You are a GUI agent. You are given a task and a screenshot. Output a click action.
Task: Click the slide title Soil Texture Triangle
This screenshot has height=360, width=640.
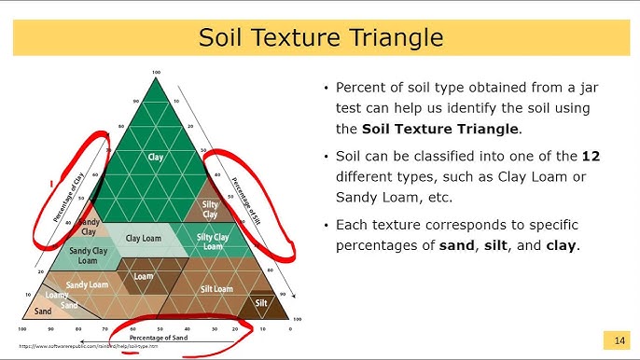click(320, 38)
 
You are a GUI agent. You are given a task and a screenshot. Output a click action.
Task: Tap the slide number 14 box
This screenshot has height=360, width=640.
click(618, 339)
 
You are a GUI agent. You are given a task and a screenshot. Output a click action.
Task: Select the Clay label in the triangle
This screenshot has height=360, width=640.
click(156, 158)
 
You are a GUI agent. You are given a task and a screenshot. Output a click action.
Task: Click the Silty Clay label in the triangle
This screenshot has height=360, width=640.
click(211, 209)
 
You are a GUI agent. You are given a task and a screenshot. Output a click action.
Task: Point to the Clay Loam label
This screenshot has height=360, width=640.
click(145, 239)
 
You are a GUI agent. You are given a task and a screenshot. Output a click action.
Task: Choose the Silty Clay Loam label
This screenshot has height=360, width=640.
click(213, 242)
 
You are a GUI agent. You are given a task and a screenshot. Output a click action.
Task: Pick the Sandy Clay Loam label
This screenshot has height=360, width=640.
click(87, 256)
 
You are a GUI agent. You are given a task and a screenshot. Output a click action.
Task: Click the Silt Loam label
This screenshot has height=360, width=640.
click(216, 289)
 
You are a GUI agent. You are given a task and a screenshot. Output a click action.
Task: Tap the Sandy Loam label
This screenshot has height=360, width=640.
click(87, 284)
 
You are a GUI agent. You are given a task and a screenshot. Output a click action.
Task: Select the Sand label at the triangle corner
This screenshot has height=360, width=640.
click(43, 311)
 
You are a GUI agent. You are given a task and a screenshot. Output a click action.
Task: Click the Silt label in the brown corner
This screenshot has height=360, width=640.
click(261, 303)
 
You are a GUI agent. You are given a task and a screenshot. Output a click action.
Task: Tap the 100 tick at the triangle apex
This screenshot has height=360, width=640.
click(156, 72)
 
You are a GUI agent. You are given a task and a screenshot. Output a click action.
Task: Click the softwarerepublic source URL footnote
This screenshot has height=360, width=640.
click(89, 346)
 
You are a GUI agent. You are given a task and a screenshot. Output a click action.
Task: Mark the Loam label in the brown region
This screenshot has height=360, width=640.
click(143, 277)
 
